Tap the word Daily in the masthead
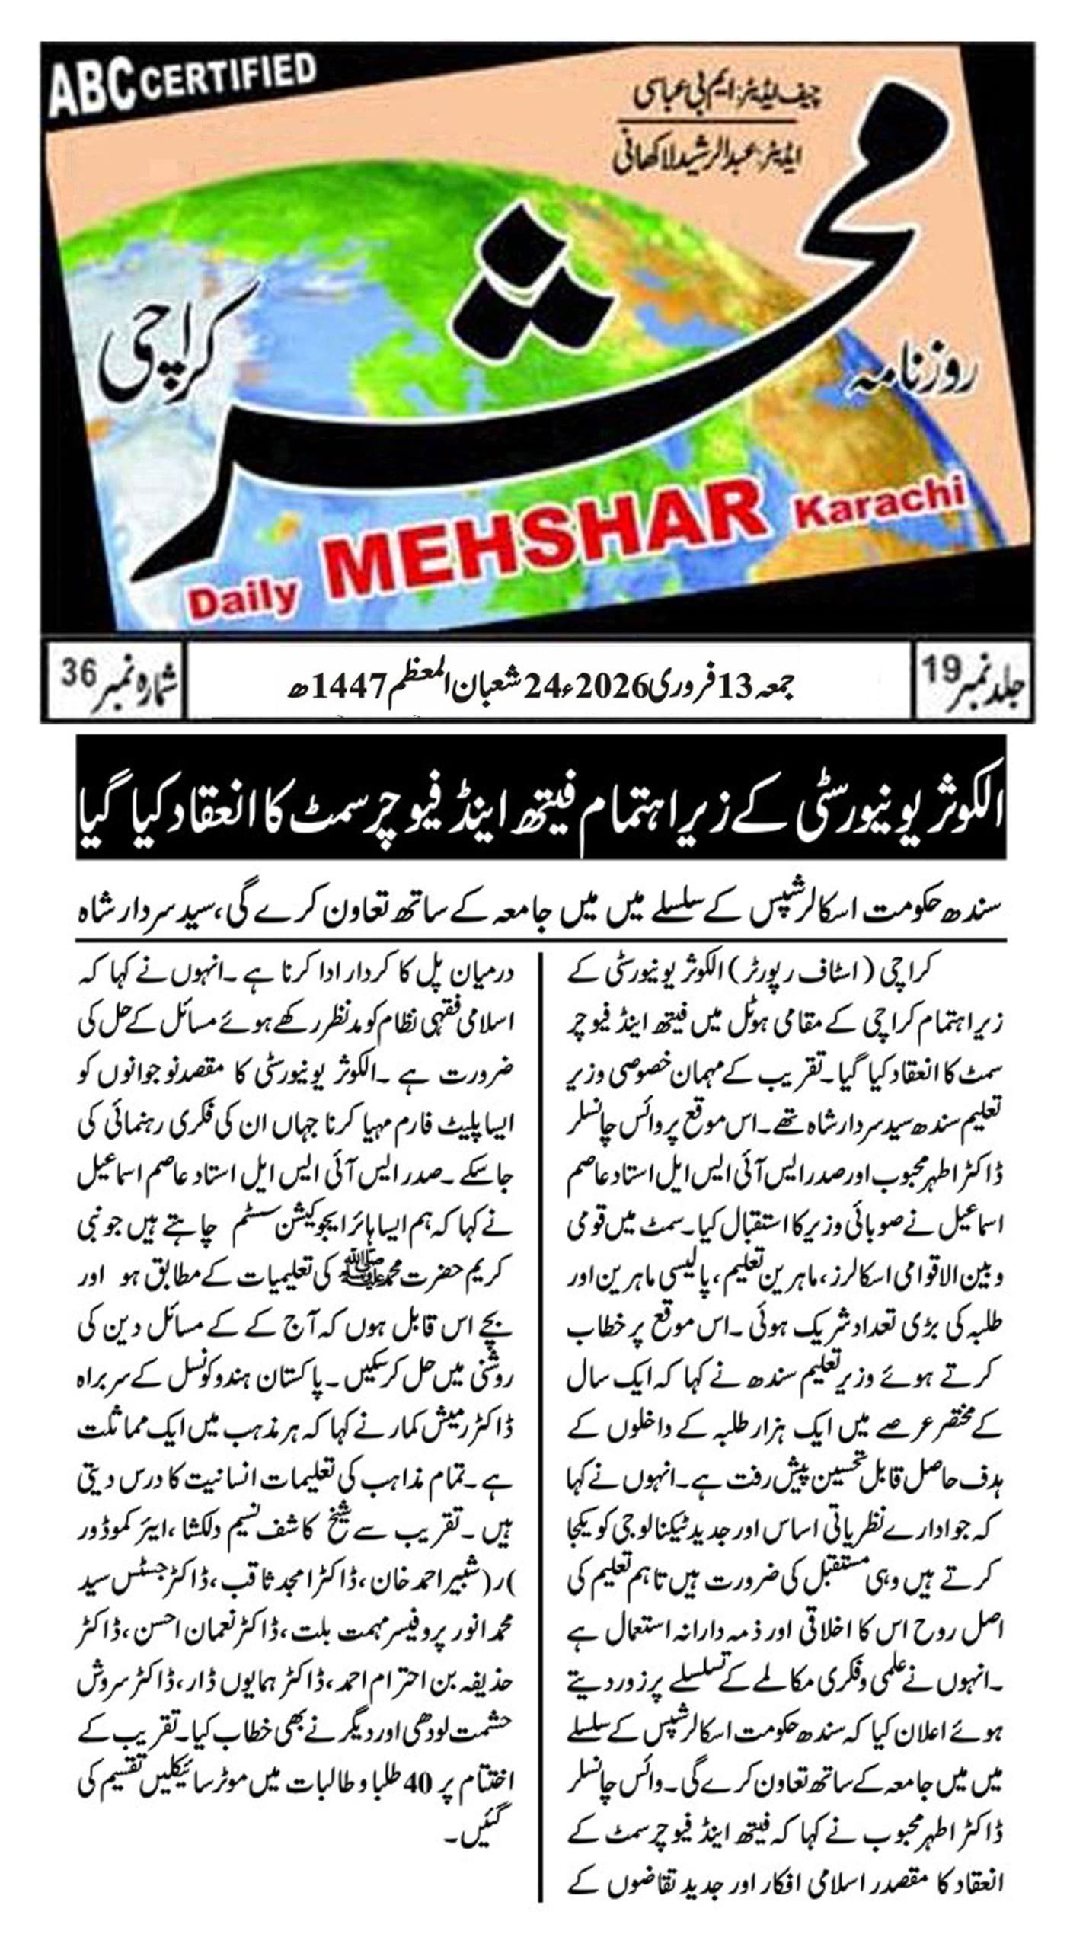coord(242,598)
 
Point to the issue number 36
coord(79,673)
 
